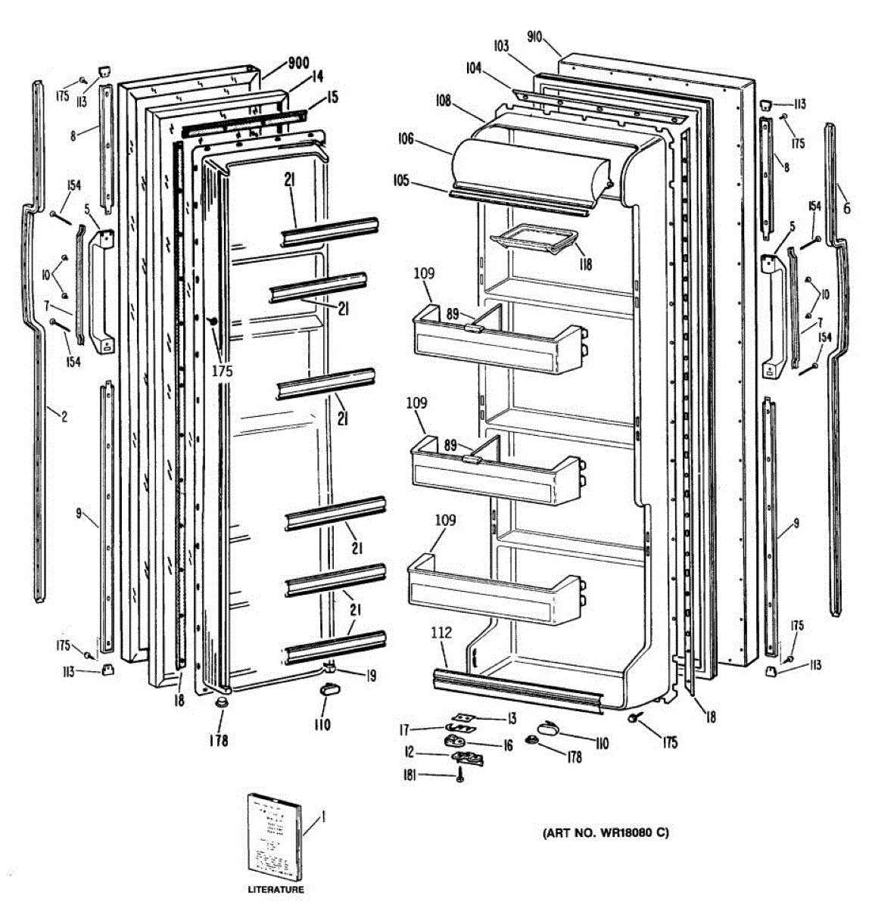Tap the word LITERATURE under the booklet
pyautogui.click(x=276, y=890)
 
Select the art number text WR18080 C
pyautogui.click(x=606, y=833)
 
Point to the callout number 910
pyautogui.click(x=534, y=38)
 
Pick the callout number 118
pyautogui.click(x=585, y=264)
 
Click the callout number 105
pyautogui.click(x=401, y=180)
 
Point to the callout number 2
pyautogui.click(x=64, y=415)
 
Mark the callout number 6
pyautogui.click(x=846, y=209)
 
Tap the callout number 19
pyautogui.click(x=371, y=676)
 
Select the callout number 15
pyautogui.click(x=333, y=97)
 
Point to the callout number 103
pyautogui.click(x=501, y=46)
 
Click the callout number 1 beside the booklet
pyautogui.click(x=323, y=816)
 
